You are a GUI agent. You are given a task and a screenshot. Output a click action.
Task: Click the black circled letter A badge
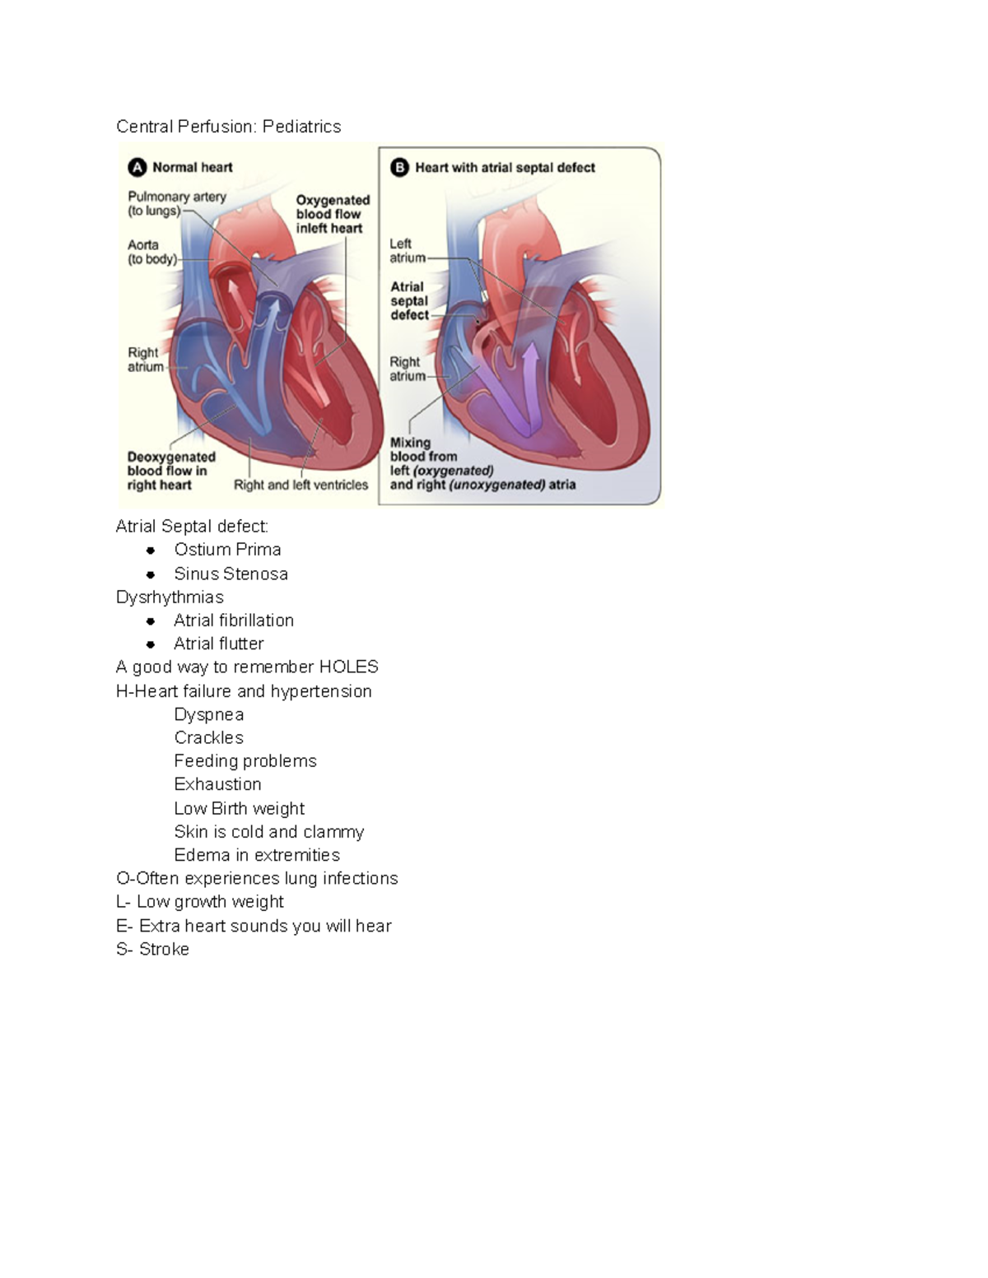click(x=137, y=168)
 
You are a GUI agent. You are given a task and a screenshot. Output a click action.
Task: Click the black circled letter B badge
click(x=399, y=168)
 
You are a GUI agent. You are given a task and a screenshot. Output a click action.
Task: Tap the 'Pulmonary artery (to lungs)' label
click(x=176, y=203)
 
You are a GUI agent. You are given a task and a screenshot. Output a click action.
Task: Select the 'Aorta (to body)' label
click(x=151, y=252)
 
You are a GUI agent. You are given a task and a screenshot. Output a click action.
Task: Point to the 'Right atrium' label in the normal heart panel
click(x=145, y=360)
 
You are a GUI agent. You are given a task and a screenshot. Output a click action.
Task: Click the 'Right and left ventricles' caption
click(x=301, y=485)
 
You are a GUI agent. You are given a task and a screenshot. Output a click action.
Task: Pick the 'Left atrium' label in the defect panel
click(x=407, y=250)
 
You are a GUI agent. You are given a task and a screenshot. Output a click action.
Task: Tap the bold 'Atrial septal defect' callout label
click(x=409, y=300)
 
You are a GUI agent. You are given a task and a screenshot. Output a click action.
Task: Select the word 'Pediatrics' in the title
click(x=301, y=127)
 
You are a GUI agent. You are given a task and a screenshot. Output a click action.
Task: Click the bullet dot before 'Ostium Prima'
click(x=151, y=550)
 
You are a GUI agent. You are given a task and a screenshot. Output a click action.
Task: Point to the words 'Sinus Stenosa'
click(x=231, y=574)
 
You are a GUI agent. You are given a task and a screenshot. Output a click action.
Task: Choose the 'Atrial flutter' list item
click(x=218, y=644)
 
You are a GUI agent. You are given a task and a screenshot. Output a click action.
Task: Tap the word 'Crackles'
click(x=208, y=737)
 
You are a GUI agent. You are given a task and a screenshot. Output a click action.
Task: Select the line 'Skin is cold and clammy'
click(x=268, y=832)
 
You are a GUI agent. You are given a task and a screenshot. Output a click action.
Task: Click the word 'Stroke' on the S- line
click(x=164, y=949)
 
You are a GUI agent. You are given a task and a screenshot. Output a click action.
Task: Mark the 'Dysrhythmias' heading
click(x=170, y=597)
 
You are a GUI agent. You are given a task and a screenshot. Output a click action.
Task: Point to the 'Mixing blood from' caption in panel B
click(x=423, y=449)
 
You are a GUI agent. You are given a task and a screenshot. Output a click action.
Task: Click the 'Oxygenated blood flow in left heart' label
click(x=333, y=214)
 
